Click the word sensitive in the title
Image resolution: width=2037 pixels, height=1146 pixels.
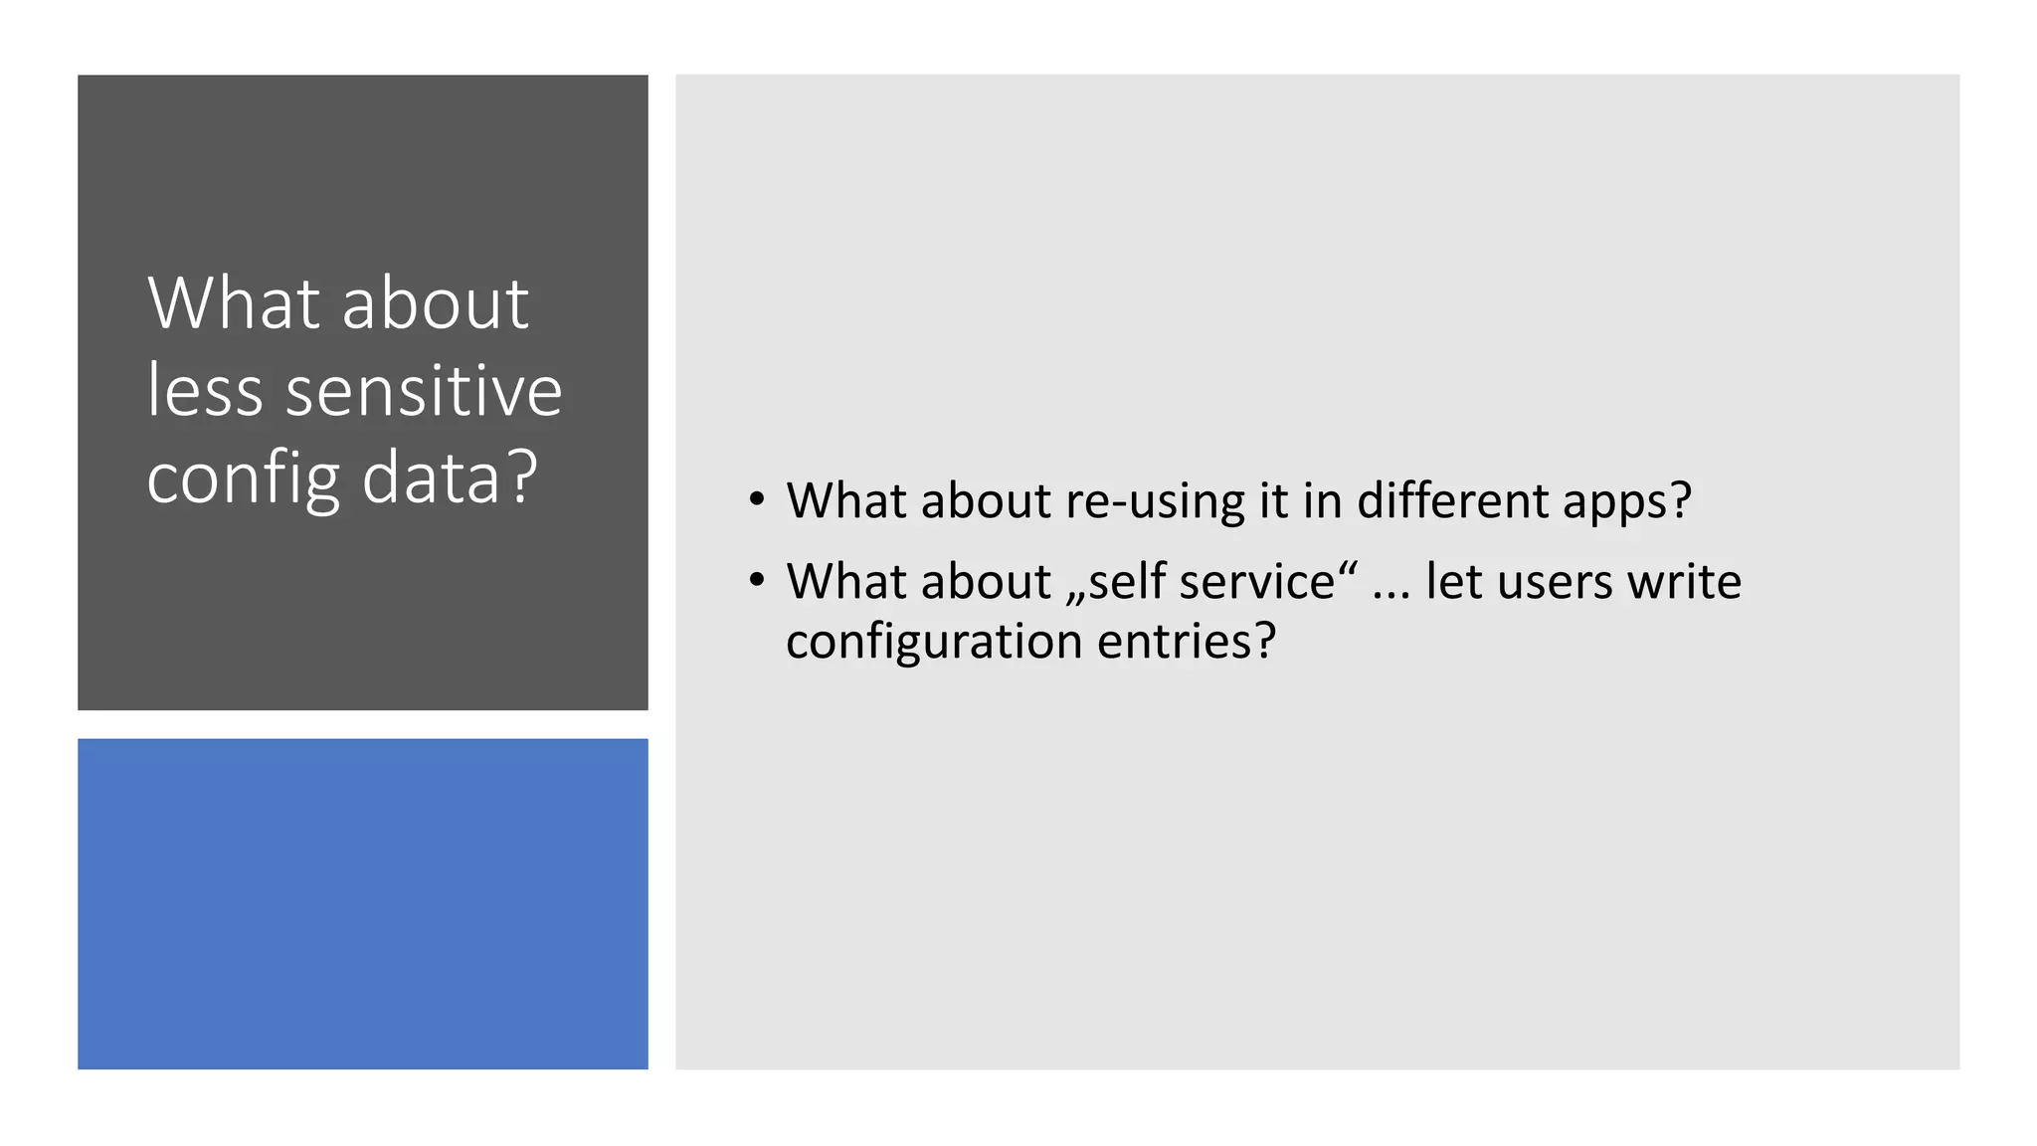(x=424, y=390)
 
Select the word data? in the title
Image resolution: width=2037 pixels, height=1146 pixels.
(x=450, y=477)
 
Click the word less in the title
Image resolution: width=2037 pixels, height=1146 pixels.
(x=205, y=390)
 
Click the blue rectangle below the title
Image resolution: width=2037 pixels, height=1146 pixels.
(x=363, y=903)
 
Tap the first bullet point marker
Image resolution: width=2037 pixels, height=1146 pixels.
(x=758, y=498)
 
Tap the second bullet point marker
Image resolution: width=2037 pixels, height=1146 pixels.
(x=758, y=579)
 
